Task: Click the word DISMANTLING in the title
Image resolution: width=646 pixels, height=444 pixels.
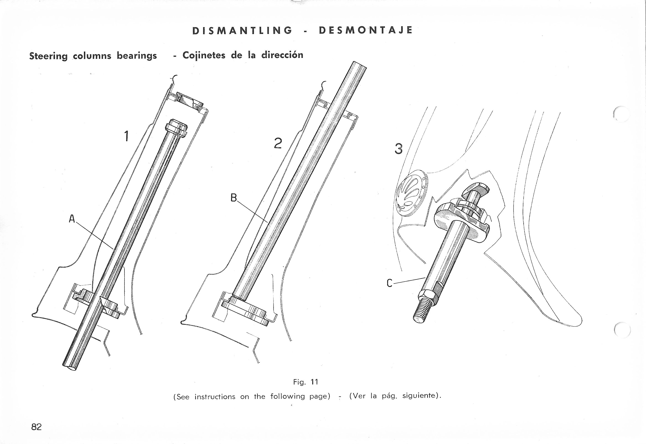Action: click(x=242, y=30)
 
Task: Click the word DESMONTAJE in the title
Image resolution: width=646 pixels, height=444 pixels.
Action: click(x=366, y=30)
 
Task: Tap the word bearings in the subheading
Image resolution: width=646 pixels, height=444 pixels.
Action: click(x=137, y=56)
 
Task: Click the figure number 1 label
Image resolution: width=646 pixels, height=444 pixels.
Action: click(x=127, y=136)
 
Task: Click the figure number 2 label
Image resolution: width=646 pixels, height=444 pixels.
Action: click(x=278, y=143)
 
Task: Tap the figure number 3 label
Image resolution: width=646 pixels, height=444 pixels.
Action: click(x=398, y=149)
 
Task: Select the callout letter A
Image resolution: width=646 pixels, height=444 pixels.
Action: click(x=72, y=219)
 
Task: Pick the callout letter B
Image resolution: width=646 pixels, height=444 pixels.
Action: click(x=234, y=198)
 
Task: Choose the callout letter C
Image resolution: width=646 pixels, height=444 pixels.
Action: click(x=390, y=284)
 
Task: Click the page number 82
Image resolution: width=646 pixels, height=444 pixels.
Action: click(x=36, y=427)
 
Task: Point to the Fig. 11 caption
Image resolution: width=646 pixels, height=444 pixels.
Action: click(x=305, y=382)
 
